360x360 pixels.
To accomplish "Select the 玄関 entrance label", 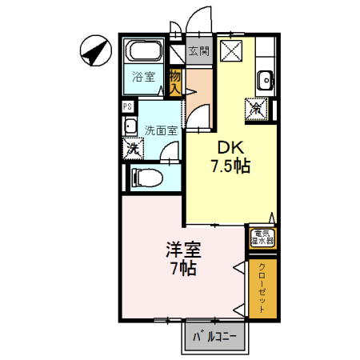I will (198, 50).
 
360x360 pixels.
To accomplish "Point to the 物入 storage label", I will (175, 82).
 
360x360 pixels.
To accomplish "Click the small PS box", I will (126, 105).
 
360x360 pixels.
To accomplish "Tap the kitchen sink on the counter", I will (266, 79).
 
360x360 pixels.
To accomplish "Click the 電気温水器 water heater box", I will (262, 238).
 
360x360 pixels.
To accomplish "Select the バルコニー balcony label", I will (215, 337).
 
